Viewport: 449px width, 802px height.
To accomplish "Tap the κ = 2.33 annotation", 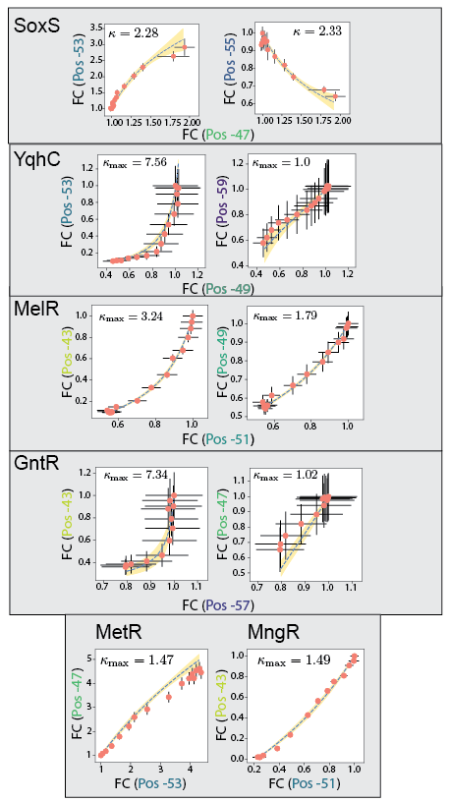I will click(x=320, y=34).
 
